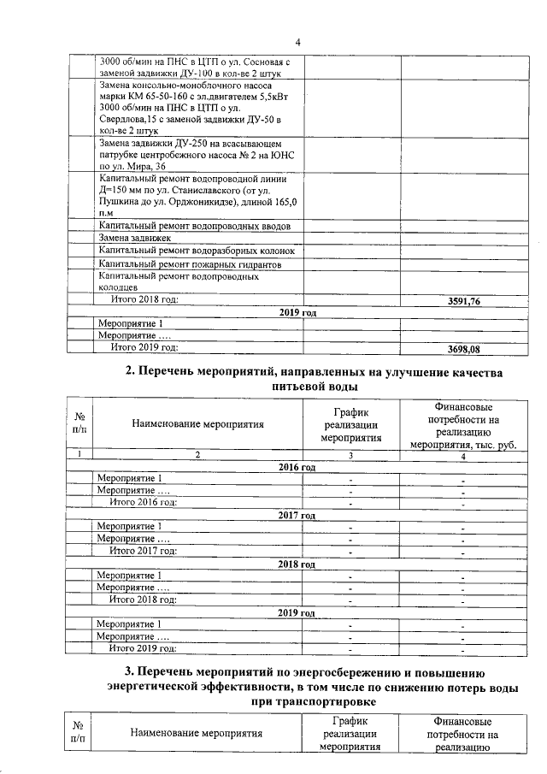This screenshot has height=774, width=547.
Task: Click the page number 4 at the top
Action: [298, 42]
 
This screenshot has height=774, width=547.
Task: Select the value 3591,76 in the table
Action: [465, 302]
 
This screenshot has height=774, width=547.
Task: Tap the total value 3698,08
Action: [465, 349]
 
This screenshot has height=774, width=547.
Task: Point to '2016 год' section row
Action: [297, 468]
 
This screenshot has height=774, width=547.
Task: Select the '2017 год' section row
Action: [297, 516]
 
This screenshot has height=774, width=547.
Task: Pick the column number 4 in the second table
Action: [462, 457]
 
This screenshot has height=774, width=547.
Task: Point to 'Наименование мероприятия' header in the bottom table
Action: [196, 733]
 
